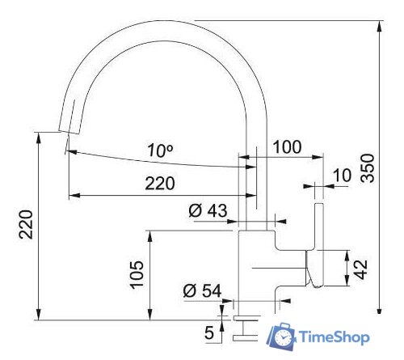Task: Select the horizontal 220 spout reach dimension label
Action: [159, 184]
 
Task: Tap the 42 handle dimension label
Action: [363, 268]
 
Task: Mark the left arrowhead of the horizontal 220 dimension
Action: [73, 195]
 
